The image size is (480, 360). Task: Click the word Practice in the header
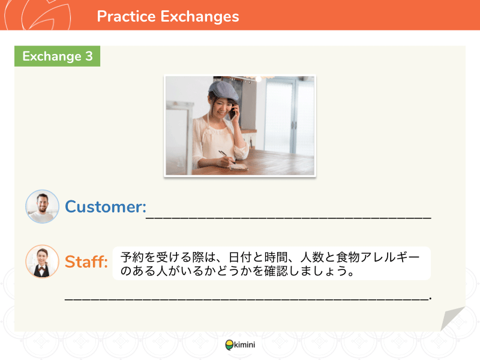click(126, 16)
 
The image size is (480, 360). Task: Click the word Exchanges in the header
click(200, 17)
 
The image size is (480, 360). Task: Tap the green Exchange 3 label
click(57, 56)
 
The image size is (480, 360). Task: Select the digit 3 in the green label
click(89, 56)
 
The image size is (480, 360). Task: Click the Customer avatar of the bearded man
click(42, 206)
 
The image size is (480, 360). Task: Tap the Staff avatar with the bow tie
click(42, 262)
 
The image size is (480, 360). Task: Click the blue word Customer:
click(106, 206)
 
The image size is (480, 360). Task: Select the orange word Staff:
click(86, 262)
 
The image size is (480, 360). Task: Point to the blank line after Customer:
click(289, 217)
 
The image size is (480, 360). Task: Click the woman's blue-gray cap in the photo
click(223, 91)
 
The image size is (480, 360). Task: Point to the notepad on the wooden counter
click(238, 167)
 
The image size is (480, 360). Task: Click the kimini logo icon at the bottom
click(229, 345)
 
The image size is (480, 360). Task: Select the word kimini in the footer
click(245, 344)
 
